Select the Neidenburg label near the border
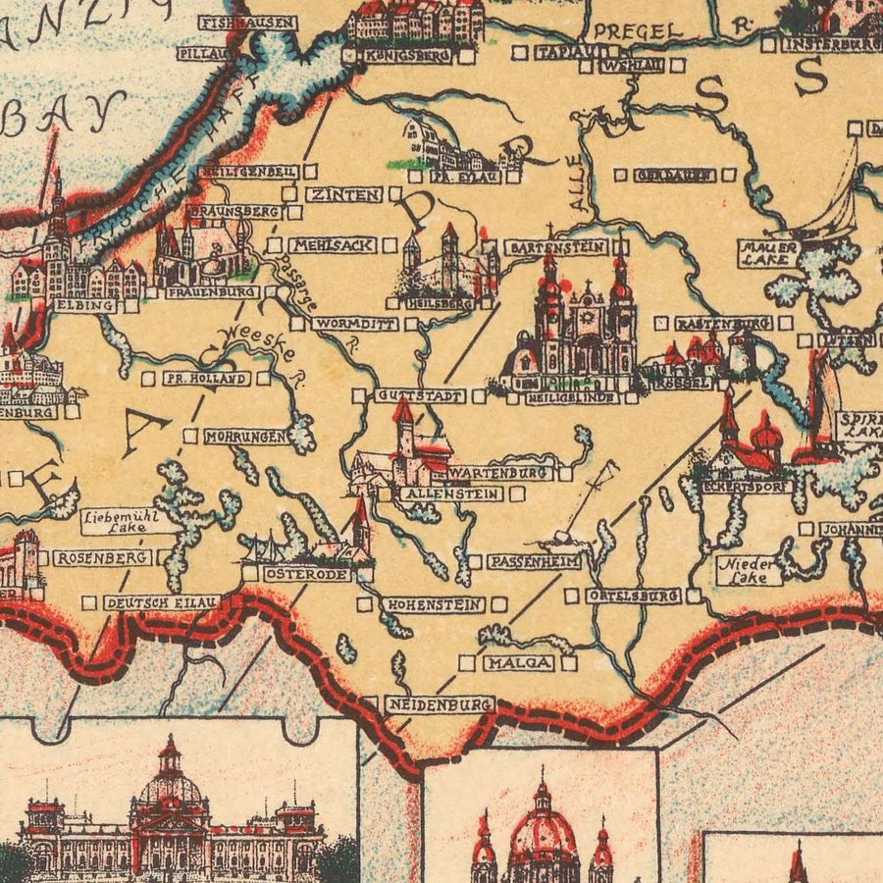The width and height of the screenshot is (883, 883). click(439, 704)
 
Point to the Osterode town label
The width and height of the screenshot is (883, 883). click(306, 574)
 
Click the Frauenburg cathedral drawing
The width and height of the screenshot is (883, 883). click(203, 253)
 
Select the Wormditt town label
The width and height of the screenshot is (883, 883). click(354, 323)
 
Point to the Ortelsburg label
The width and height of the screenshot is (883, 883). click(633, 596)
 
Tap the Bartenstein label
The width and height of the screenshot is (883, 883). click(556, 247)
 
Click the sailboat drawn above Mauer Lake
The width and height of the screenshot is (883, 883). click(834, 201)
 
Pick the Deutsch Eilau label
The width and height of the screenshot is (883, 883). click(160, 601)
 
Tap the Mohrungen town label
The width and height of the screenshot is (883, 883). click(245, 437)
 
